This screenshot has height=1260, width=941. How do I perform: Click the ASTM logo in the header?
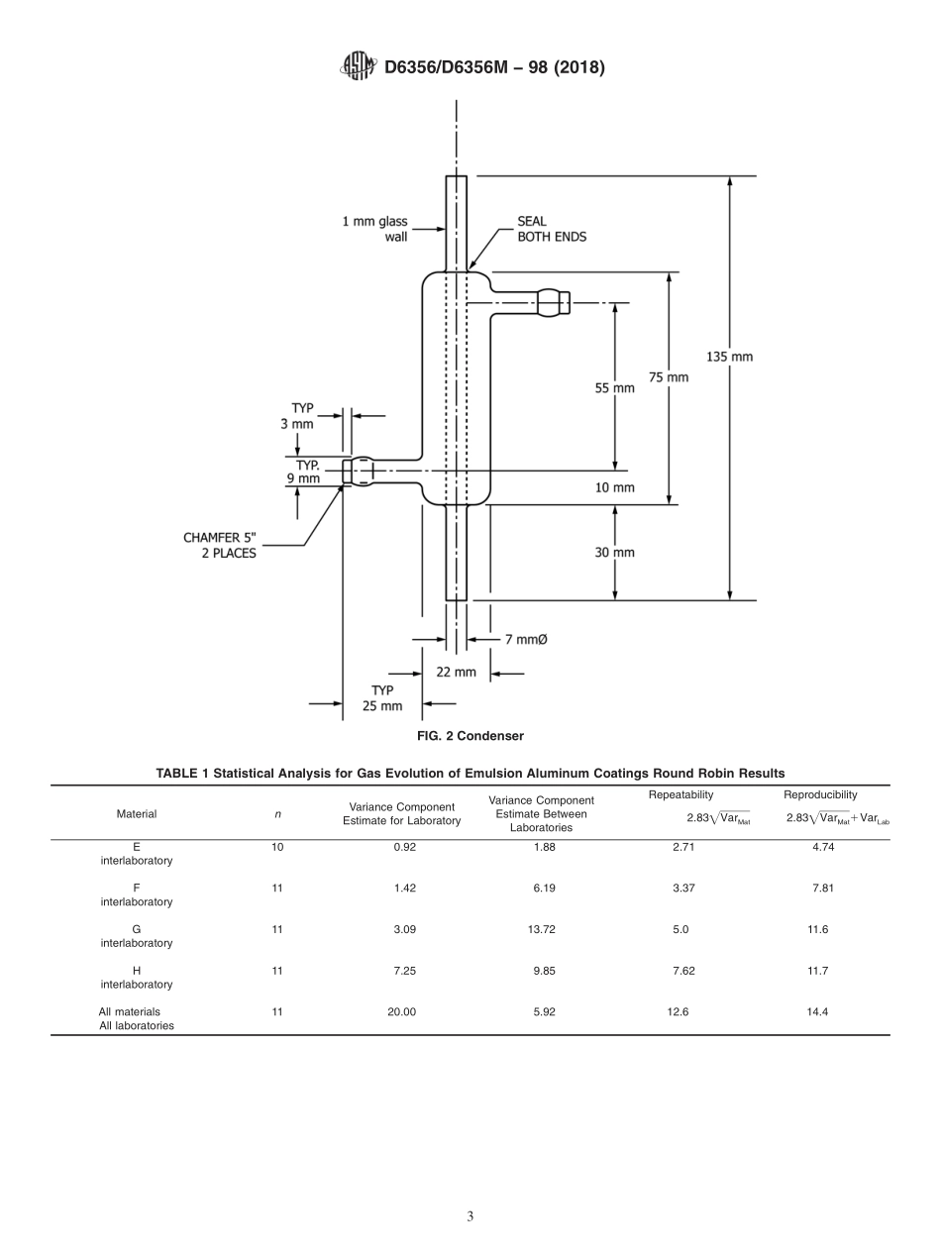pos(358,66)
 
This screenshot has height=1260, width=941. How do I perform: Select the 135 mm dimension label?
pos(729,357)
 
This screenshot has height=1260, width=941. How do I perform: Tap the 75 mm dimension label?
pos(669,377)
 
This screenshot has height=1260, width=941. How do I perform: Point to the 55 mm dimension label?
pos(614,388)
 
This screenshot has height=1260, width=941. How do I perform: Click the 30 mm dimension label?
pos(614,553)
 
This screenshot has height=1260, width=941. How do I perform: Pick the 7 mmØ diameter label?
pos(526,640)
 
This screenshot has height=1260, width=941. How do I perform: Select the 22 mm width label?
pos(456,672)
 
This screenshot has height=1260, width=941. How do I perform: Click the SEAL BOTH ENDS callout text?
pos(551,230)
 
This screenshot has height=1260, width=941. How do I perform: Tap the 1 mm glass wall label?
pos(375,230)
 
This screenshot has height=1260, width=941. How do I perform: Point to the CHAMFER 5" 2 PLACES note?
pos(220,546)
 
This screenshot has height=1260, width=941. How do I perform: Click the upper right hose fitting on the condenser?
pos(554,302)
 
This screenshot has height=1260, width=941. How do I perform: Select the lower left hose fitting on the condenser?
pos(359,472)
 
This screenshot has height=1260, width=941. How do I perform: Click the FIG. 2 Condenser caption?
pos(470,736)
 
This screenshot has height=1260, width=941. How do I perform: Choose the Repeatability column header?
pos(680,795)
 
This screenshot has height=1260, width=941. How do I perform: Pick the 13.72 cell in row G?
pos(544,929)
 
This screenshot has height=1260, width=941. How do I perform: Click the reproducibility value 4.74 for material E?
pos(822,847)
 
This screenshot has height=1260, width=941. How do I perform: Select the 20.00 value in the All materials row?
pos(401,1012)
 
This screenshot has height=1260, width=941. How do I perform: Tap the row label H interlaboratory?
pos(137,978)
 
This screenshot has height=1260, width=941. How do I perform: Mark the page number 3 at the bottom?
pos(470,1216)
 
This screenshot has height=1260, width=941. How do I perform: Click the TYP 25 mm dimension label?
pos(382,698)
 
